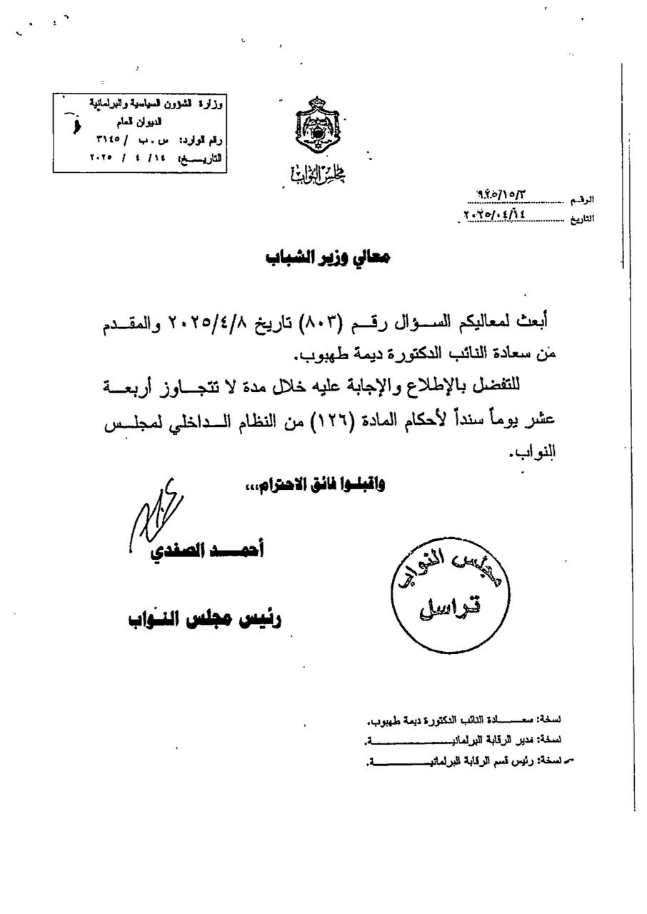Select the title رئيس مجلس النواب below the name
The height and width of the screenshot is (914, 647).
pyautogui.click(x=204, y=618)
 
